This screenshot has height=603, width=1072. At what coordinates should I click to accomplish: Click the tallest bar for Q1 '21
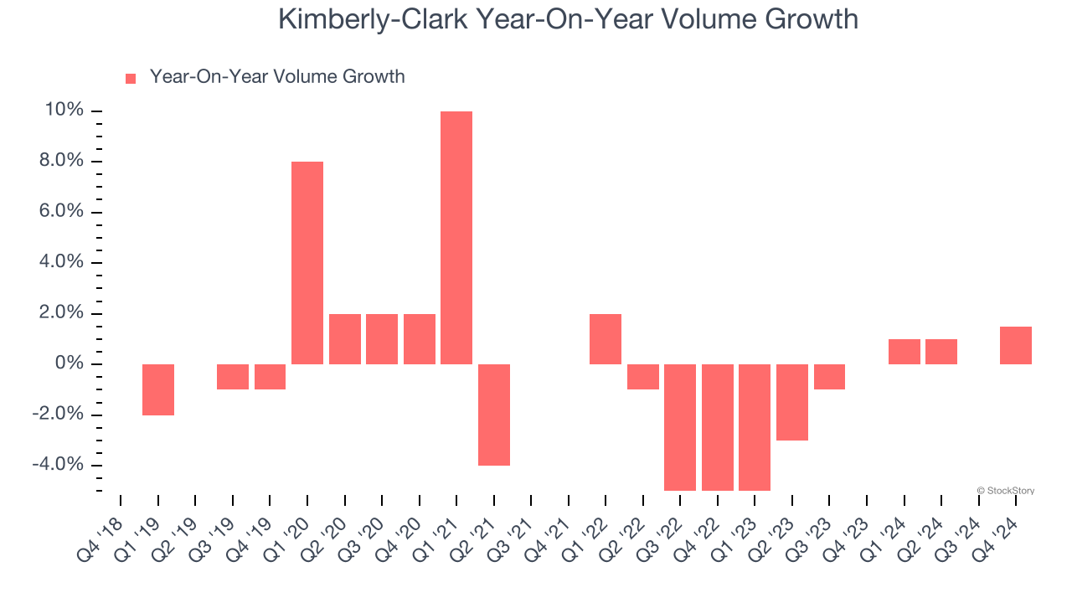[456, 238]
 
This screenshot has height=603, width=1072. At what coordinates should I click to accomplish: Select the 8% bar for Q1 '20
[307, 263]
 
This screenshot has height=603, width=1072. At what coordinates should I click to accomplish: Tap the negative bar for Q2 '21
[494, 415]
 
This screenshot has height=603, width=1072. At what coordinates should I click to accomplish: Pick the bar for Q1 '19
[158, 389]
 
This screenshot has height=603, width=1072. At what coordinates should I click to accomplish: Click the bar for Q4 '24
[1016, 345]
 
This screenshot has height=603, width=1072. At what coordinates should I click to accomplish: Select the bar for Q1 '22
[606, 339]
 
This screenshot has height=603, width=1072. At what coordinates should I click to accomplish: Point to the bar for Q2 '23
[792, 402]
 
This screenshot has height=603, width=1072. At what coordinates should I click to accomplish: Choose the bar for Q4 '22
[718, 427]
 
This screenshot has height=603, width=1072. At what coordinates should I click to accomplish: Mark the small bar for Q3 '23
[829, 377]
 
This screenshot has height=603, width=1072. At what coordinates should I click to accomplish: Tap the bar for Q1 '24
[904, 352]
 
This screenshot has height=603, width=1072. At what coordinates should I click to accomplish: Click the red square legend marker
[131, 78]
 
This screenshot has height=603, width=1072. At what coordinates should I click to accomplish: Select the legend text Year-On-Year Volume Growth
[277, 77]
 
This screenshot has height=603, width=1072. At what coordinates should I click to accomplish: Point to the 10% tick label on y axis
[64, 111]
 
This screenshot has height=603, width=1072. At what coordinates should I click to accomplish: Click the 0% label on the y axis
[69, 364]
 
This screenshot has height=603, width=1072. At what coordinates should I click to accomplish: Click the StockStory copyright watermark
[1006, 491]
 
